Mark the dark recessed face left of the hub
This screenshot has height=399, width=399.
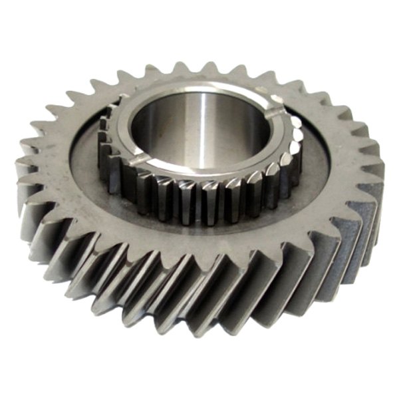(83, 166)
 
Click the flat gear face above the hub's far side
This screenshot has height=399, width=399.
(199, 73)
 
